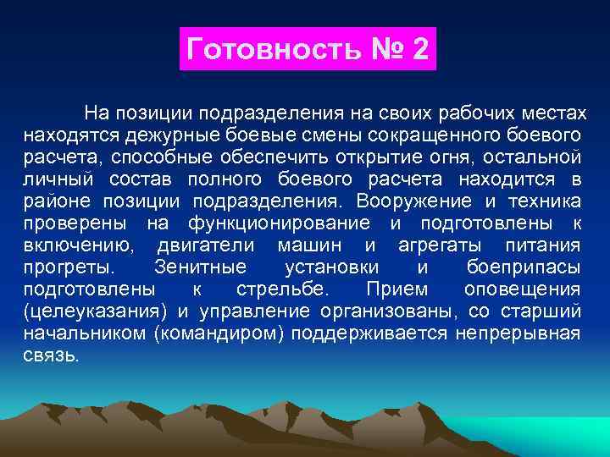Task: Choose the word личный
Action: [x=54, y=179]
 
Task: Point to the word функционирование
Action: [x=278, y=223]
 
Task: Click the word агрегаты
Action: [x=439, y=245]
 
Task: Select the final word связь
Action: [x=50, y=355]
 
